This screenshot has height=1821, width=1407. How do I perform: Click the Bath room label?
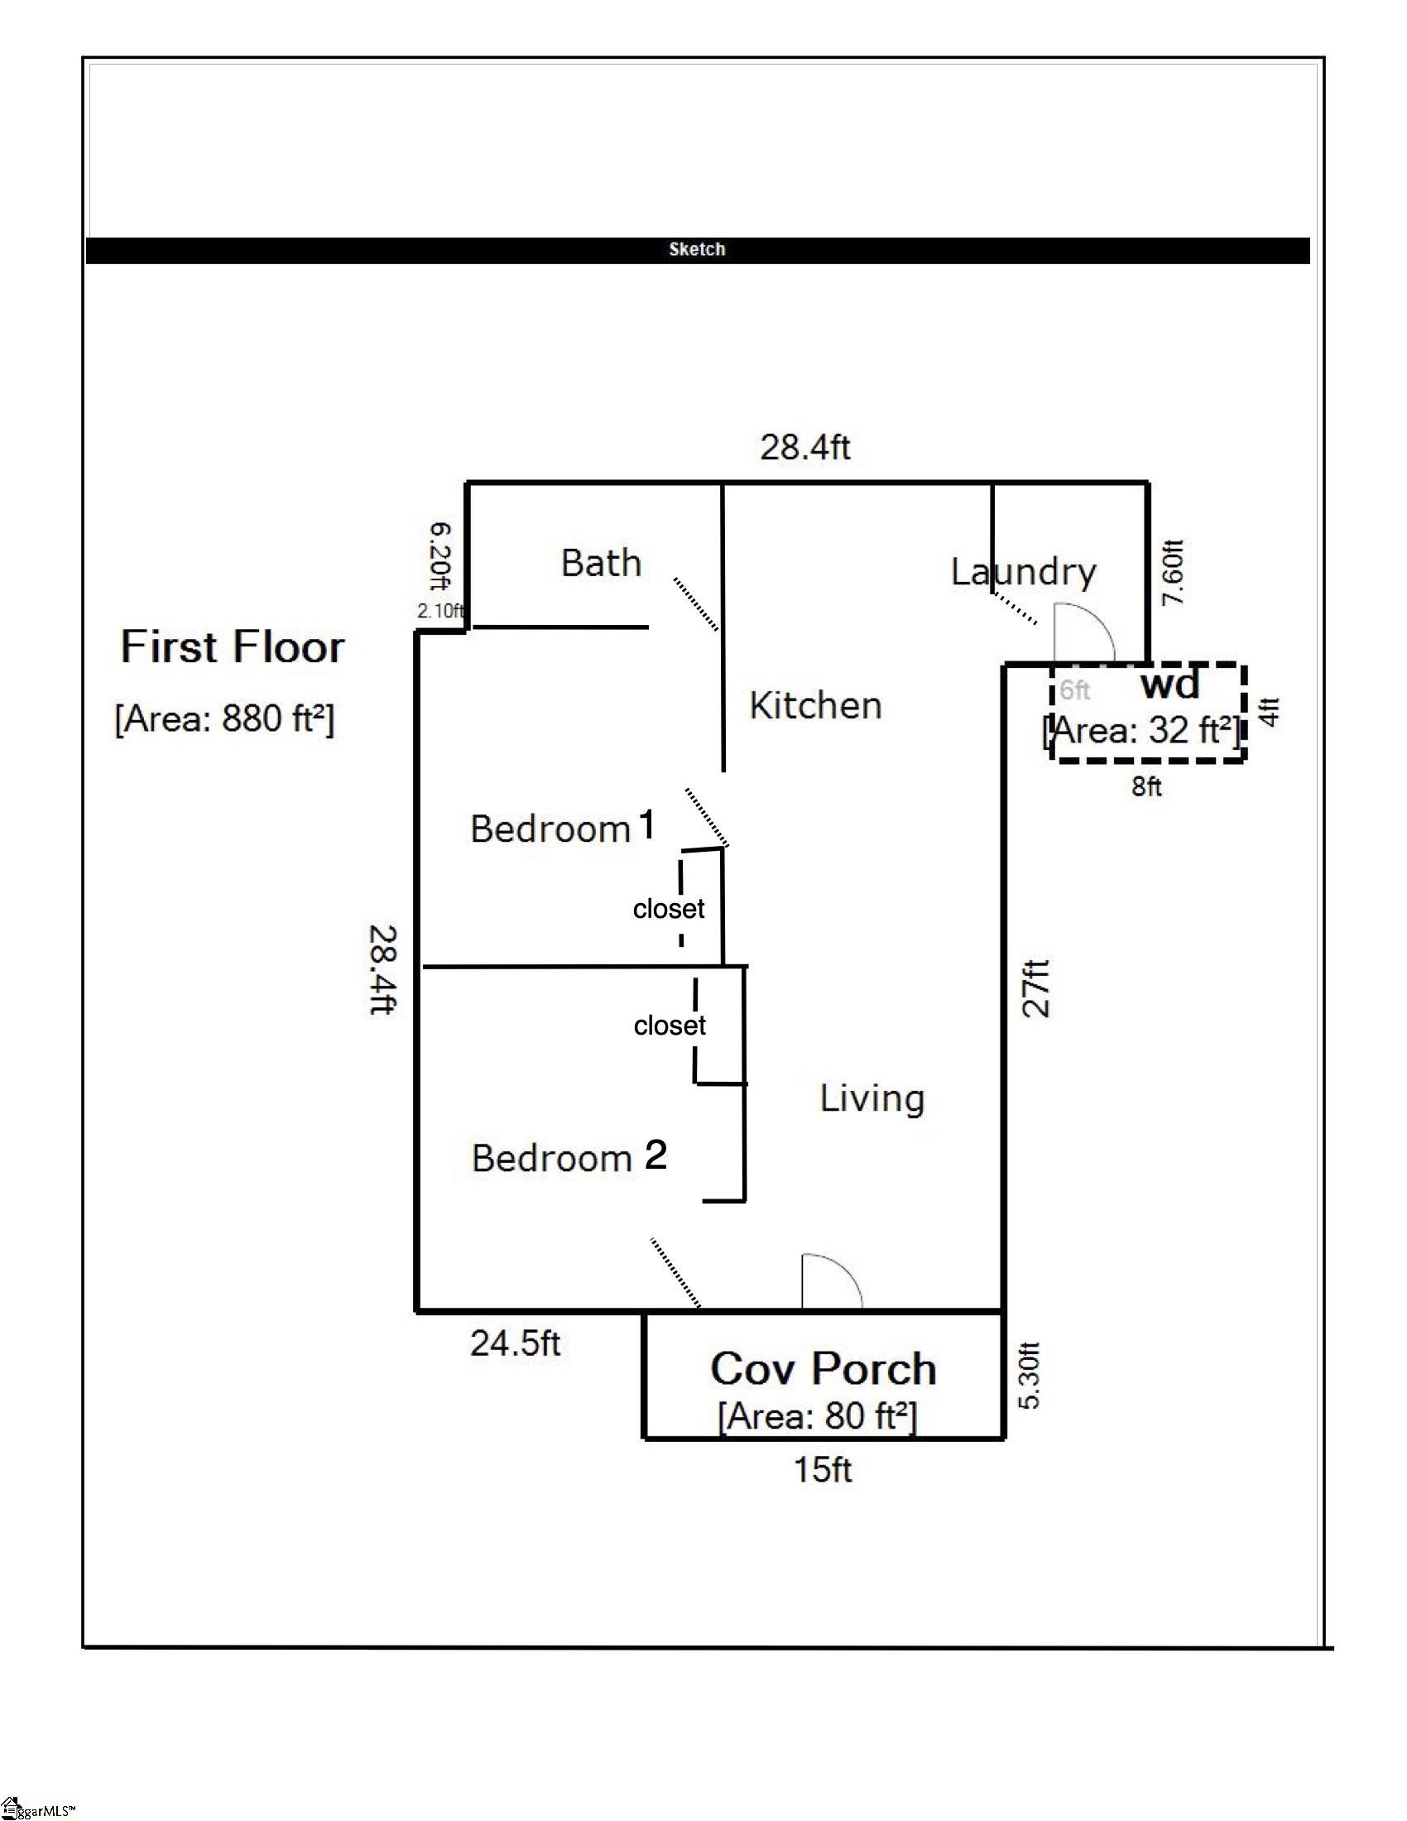pyautogui.click(x=601, y=564)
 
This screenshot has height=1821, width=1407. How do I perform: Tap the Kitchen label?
pyautogui.click(x=815, y=705)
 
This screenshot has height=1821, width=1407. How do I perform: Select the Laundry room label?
pyautogui.click(x=1024, y=572)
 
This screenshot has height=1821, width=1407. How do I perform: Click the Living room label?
pyautogui.click(x=872, y=1098)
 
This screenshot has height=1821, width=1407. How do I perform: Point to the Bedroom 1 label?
pyautogui.click(x=563, y=828)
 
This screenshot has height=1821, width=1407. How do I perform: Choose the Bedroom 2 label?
pyautogui.click(x=569, y=1157)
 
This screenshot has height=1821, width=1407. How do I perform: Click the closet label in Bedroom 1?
pyautogui.click(x=669, y=908)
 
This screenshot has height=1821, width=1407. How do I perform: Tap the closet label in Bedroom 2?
pyautogui.click(x=670, y=1025)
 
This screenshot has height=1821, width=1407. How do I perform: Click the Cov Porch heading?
pyautogui.click(x=824, y=1368)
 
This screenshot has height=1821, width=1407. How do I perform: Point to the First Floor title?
pyautogui.click(x=233, y=647)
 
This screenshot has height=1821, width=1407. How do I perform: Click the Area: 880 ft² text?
pyautogui.click(x=224, y=718)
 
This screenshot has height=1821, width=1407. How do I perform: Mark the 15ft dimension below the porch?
pyautogui.click(x=823, y=1469)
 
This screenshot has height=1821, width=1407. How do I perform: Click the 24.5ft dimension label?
pyautogui.click(x=515, y=1343)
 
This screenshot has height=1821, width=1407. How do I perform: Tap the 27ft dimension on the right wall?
pyautogui.click(x=1036, y=988)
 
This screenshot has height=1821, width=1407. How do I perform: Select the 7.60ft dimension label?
pyautogui.click(x=1172, y=572)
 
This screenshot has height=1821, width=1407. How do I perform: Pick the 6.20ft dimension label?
pyautogui.click(x=440, y=556)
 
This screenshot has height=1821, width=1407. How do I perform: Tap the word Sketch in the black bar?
pyautogui.click(x=697, y=249)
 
